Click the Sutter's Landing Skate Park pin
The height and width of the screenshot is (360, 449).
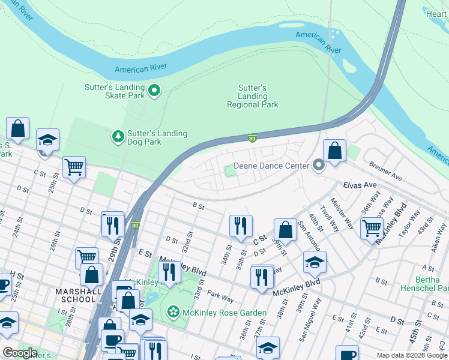(x=154, y=91)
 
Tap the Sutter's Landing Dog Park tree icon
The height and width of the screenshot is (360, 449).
(x=118, y=137)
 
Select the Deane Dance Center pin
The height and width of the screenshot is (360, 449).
(x=319, y=165)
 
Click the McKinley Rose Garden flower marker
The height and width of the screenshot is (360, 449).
(x=173, y=312)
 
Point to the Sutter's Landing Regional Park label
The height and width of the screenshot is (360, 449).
(x=252, y=96)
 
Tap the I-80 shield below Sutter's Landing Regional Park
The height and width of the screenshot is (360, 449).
(x=253, y=139)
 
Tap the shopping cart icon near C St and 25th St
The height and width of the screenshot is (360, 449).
(x=74, y=167)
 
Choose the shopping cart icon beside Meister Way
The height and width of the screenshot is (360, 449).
(x=372, y=227)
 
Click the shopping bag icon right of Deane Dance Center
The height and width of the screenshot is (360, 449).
(x=335, y=151)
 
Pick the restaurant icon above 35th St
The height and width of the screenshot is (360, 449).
(x=240, y=226)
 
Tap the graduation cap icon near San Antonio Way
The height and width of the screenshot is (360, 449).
(x=315, y=262)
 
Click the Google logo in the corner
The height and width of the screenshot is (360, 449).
(x=20, y=353)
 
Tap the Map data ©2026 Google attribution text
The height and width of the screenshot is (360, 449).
(x=412, y=355)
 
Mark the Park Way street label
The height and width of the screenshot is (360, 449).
(x=221, y=298)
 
